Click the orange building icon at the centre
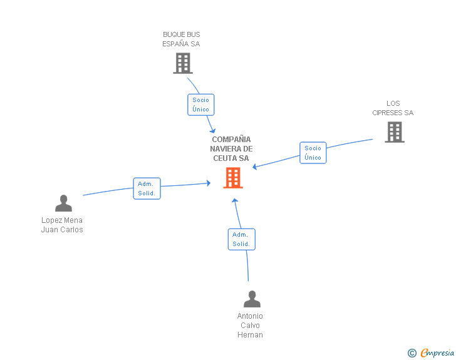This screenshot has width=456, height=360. click(233, 178)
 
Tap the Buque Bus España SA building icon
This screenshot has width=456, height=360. click(182, 63)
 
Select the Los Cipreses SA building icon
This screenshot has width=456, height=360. click(394, 131)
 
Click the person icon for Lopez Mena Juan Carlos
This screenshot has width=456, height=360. click(63, 203)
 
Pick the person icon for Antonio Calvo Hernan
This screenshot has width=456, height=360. click(252, 299)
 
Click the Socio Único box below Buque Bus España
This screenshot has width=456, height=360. click(200, 105)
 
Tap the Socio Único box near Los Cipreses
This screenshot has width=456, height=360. click(313, 153)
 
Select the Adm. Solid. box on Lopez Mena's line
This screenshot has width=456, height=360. click(147, 188)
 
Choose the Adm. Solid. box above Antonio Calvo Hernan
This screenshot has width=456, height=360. click(241, 239)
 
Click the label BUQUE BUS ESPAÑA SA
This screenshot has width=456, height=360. click(182, 39)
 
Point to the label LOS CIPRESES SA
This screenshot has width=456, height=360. click(393, 108)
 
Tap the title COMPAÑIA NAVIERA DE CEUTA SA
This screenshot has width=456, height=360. click(231, 149)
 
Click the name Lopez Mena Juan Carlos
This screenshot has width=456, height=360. click(62, 225)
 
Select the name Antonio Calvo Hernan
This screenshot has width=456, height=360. click(250, 326)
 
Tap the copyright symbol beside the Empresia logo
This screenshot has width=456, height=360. click(412, 353)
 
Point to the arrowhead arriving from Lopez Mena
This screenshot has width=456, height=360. click(208, 183)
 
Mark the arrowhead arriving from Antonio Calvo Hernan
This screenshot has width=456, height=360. click(234, 201)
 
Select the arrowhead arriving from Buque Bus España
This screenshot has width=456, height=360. click(214, 130)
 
